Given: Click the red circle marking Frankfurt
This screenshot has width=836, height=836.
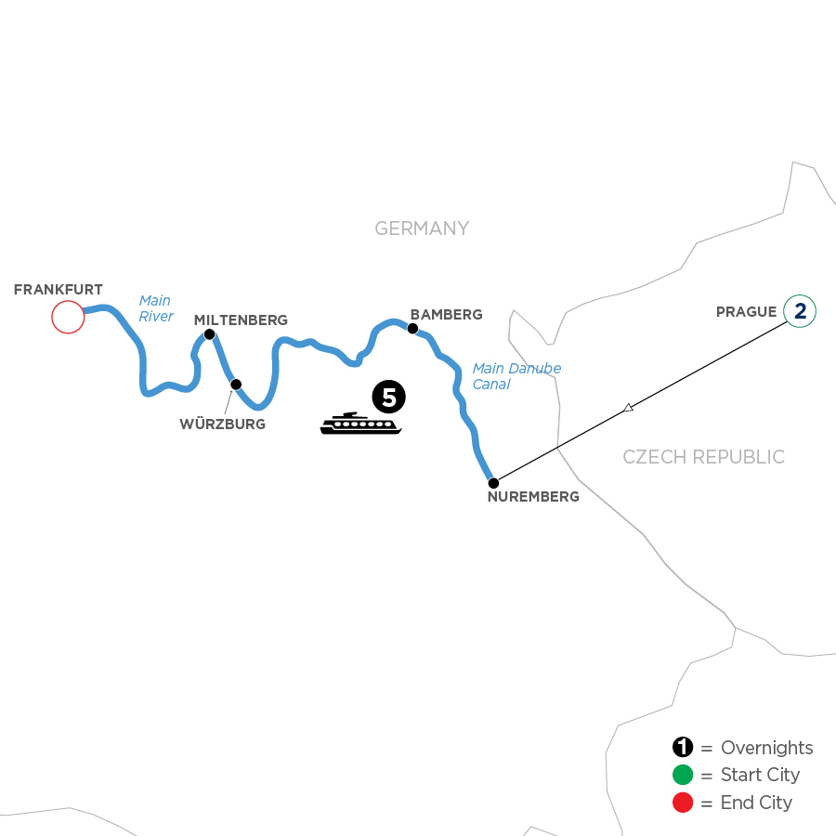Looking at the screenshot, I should (x=68, y=318).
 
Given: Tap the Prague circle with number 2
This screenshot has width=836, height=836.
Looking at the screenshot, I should (x=800, y=311).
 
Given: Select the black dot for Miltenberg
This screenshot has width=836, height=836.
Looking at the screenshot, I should (x=210, y=334).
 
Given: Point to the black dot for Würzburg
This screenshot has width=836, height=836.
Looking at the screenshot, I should (x=236, y=384).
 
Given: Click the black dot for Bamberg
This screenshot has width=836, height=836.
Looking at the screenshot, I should (x=412, y=327).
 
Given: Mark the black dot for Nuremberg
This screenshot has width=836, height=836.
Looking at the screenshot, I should (x=493, y=483).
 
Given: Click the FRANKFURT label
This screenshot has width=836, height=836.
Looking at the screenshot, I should (x=59, y=290).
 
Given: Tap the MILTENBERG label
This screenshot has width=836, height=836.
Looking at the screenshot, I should (x=241, y=320).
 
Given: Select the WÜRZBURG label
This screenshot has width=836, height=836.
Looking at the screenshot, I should (x=223, y=425).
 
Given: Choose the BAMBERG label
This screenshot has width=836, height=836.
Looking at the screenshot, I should (x=447, y=315).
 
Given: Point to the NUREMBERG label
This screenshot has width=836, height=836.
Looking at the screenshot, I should (x=533, y=497).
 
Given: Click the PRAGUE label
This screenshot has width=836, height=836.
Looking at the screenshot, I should (x=746, y=311).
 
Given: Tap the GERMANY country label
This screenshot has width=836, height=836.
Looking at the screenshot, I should (x=422, y=229).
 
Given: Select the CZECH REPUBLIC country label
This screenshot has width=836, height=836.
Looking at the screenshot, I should (x=703, y=457).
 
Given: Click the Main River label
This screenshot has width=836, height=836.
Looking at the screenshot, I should (x=156, y=308).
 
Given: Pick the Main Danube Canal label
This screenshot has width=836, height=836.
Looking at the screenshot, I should (x=516, y=376).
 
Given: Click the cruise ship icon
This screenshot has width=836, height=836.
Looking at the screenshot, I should (x=360, y=425).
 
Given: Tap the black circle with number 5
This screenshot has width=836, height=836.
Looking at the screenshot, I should (x=388, y=398).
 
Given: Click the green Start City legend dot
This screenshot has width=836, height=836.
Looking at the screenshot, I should (x=683, y=776).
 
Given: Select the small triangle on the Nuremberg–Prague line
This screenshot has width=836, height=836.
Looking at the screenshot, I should (x=629, y=407).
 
